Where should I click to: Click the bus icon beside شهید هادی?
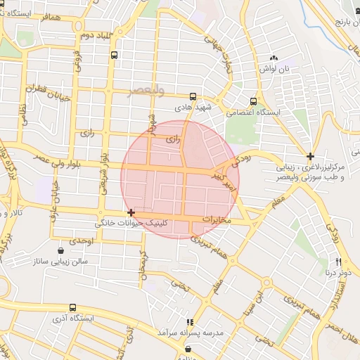point(193,97)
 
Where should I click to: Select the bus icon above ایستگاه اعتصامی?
point(254,101)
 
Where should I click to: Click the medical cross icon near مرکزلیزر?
point(310,156)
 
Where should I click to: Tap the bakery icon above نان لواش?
point(274,58)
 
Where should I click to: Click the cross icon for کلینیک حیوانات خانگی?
point(131,212)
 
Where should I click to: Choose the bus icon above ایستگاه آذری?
point(73,307)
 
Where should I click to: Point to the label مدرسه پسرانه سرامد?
point(190,331)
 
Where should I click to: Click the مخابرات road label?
point(217,220)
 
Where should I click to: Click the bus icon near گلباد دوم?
point(115,54)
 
